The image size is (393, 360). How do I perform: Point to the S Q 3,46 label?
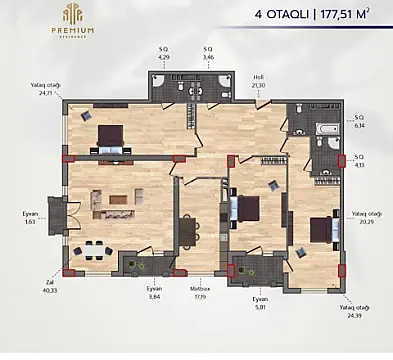click(x=208, y=52)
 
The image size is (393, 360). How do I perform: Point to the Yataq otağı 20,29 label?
click(x=365, y=216)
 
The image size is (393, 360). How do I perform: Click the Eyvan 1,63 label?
click(x=30, y=216)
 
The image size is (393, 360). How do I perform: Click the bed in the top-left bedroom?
click(x=109, y=137)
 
